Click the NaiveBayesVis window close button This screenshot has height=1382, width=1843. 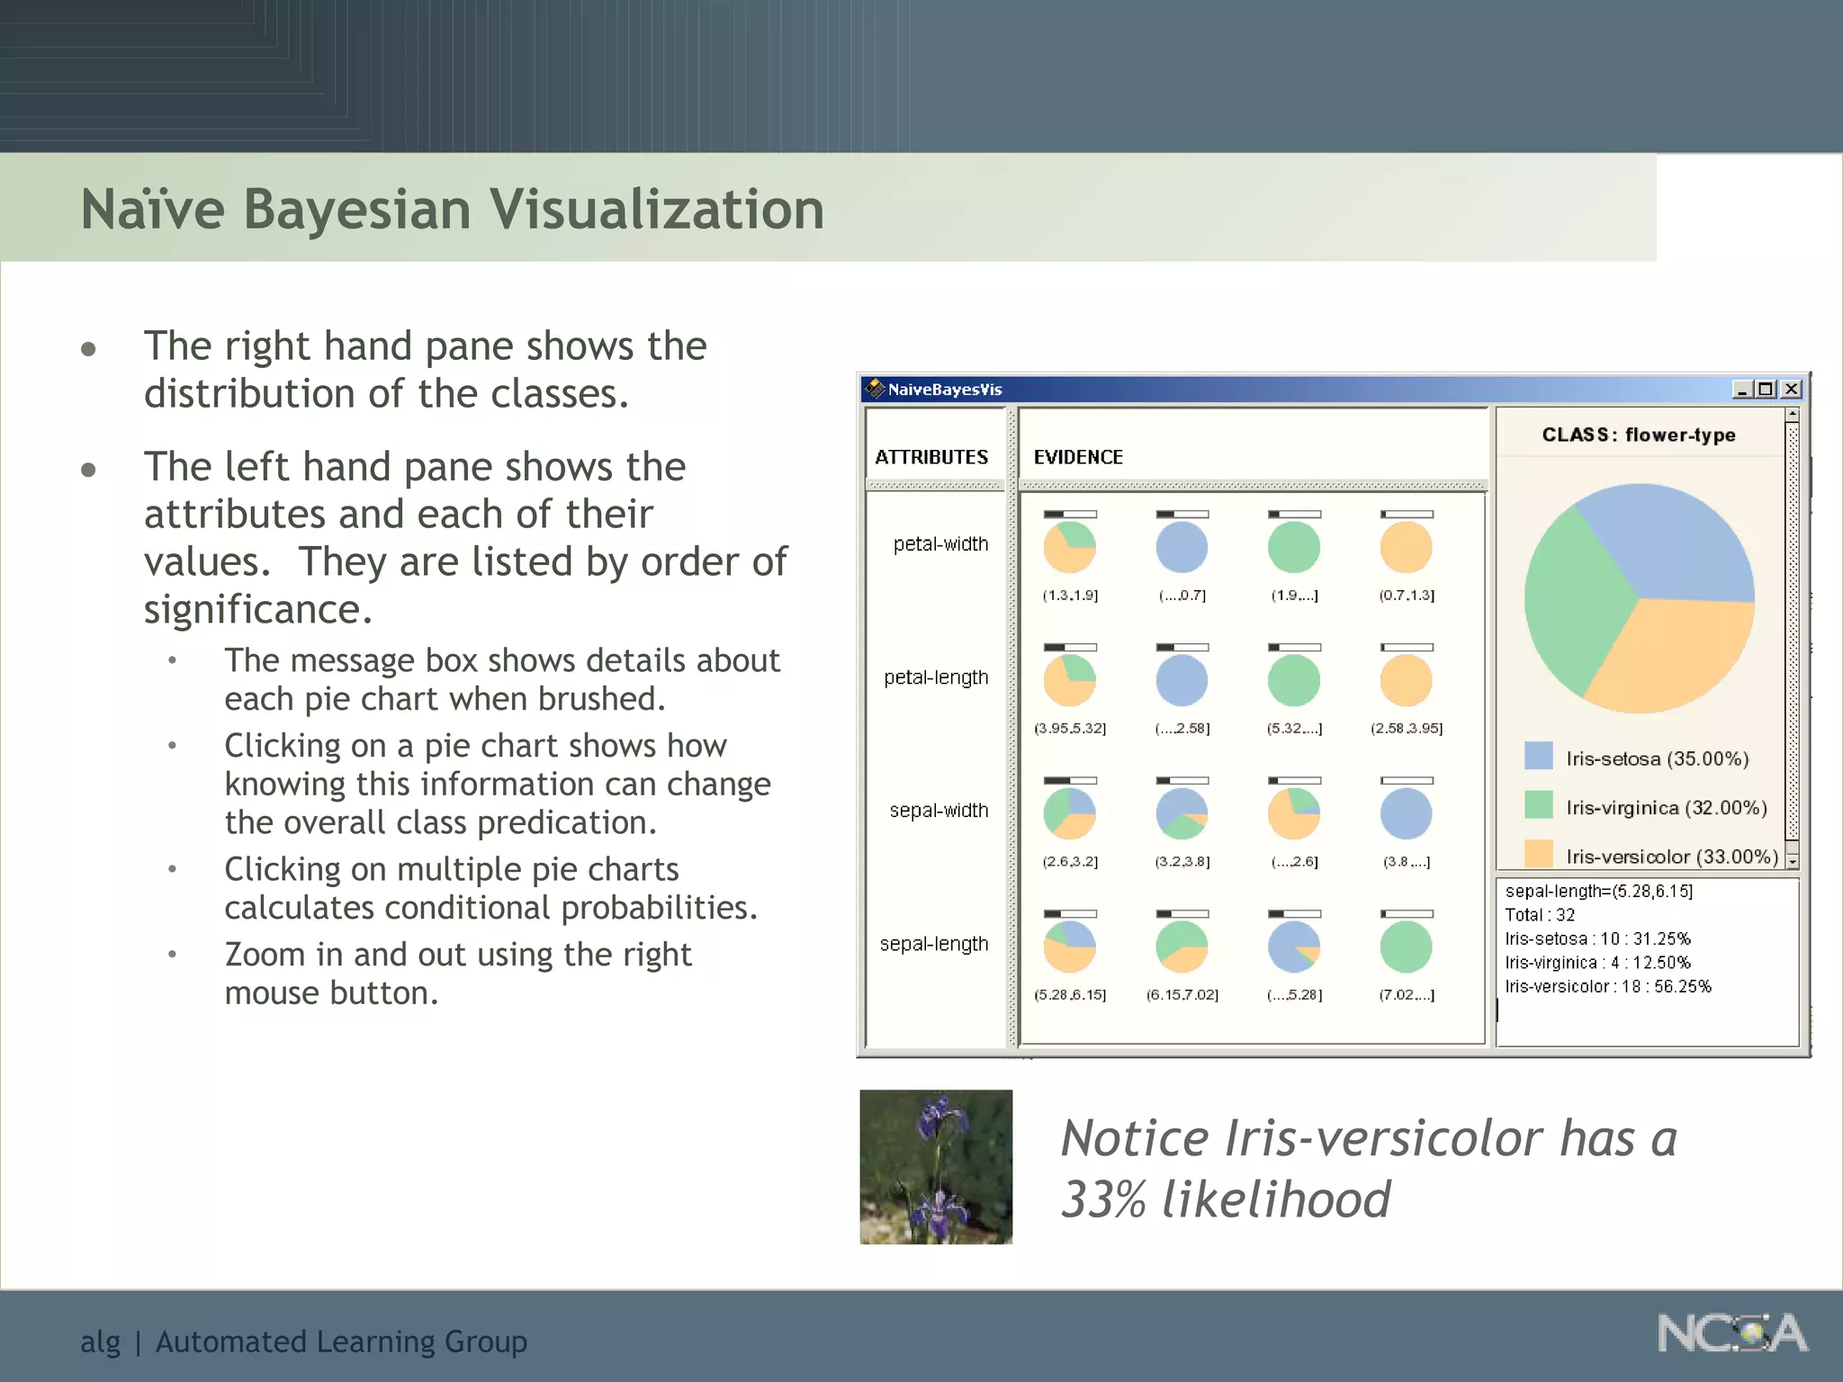(x=1791, y=389)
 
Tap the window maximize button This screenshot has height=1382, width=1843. (x=1766, y=389)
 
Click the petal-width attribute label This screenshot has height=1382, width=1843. (x=940, y=544)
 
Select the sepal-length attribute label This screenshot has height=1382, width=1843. (x=934, y=944)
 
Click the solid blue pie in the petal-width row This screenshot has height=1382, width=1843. (x=1182, y=547)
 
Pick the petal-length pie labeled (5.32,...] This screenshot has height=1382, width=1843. (x=1294, y=680)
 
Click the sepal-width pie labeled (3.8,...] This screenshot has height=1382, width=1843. (x=1406, y=813)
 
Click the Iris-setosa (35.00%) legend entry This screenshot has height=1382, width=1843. (x=1657, y=758)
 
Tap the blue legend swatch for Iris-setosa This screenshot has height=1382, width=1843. (x=1538, y=756)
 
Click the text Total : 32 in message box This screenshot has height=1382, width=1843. (x=1540, y=915)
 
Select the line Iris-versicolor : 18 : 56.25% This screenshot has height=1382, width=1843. (x=1607, y=986)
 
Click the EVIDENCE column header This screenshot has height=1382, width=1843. (x=1078, y=457)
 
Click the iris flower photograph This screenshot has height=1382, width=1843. (x=936, y=1167)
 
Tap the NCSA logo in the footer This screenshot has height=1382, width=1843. (x=1731, y=1333)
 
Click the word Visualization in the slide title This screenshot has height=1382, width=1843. (x=656, y=210)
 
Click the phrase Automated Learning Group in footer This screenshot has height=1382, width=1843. (x=341, y=1342)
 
